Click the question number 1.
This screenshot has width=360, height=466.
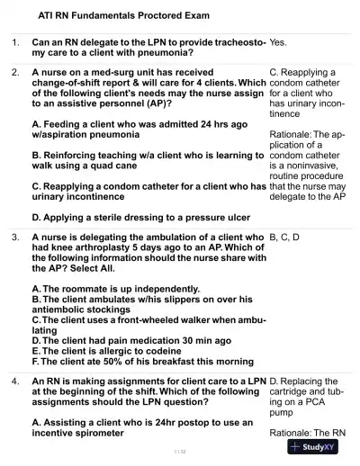[x=15, y=42]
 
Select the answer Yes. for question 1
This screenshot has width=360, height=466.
[x=278, y=42]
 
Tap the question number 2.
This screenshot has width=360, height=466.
[x=15, y=71]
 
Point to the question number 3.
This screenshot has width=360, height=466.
[x=15, y=237]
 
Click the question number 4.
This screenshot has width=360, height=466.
[x=15, y=381]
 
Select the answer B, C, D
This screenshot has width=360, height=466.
[x=284, y=237]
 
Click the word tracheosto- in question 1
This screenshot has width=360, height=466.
[x=237, y=42]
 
